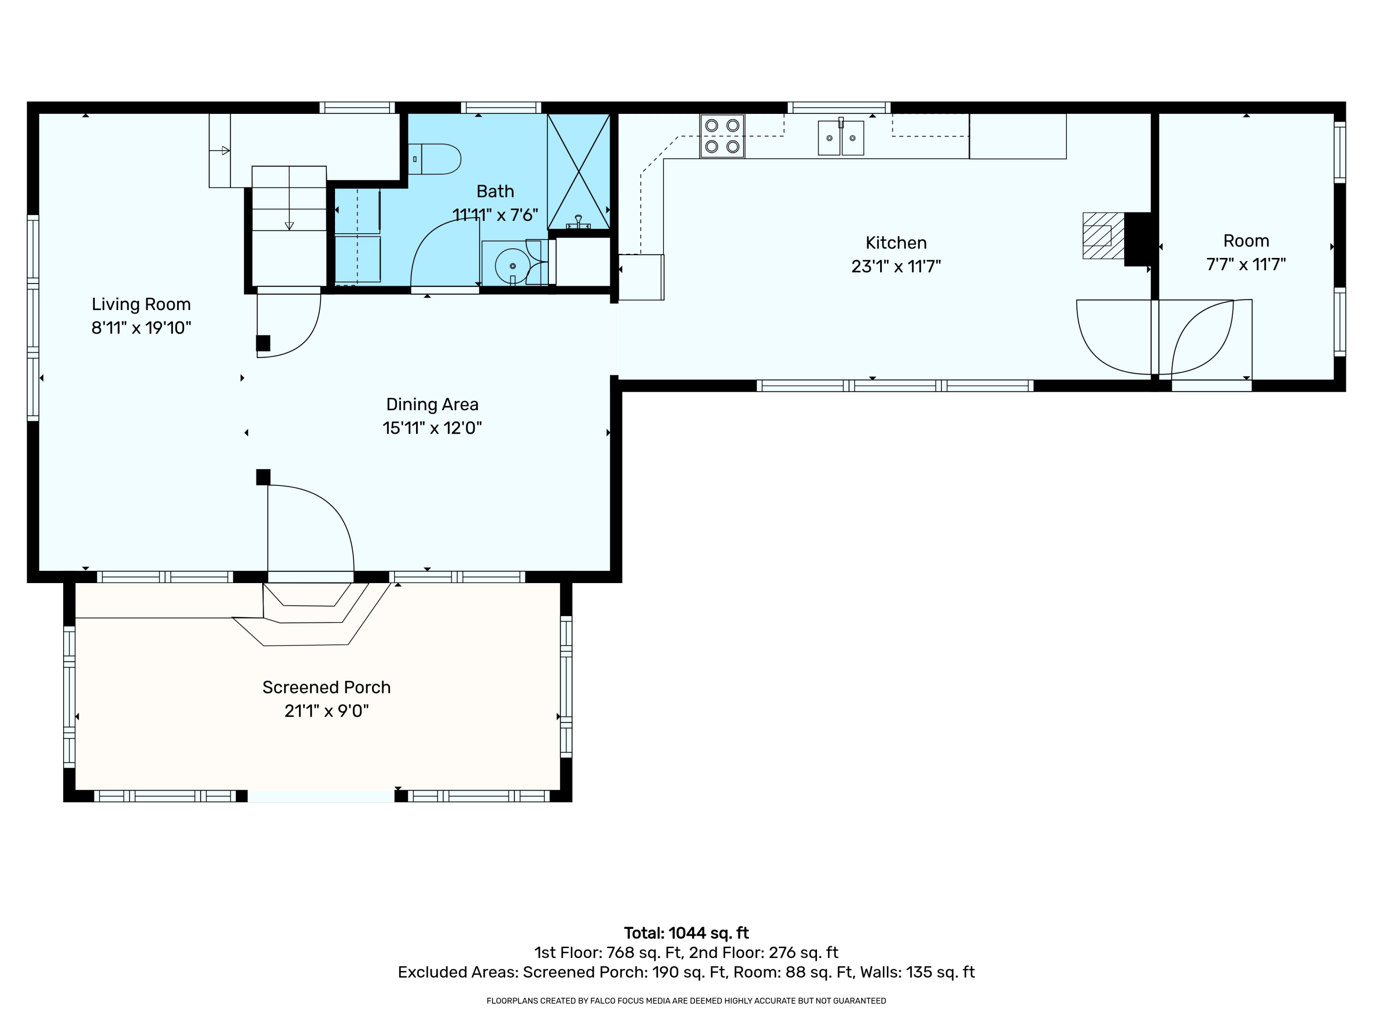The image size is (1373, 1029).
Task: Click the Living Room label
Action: pos(141,304)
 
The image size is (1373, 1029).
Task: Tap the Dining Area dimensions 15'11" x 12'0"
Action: pos(432,428)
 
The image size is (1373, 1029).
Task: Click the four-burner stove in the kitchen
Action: pos(722,136)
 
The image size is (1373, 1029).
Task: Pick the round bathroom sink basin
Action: pos(512,265)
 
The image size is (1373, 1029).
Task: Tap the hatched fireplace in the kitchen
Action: pos(1103,236)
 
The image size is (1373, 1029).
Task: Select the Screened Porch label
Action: pos(326,687)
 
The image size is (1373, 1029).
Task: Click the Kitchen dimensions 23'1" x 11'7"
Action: pos(896,266)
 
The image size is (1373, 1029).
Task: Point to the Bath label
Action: pos(495,191)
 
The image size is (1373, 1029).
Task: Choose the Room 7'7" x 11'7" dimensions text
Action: pos(1246,264)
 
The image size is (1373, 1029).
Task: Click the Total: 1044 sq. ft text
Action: pos(686,933)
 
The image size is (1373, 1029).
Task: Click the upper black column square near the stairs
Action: pos(263,343)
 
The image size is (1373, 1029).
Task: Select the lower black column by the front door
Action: pos(263,477)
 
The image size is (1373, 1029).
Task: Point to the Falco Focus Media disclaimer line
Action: pos(686,1001)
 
